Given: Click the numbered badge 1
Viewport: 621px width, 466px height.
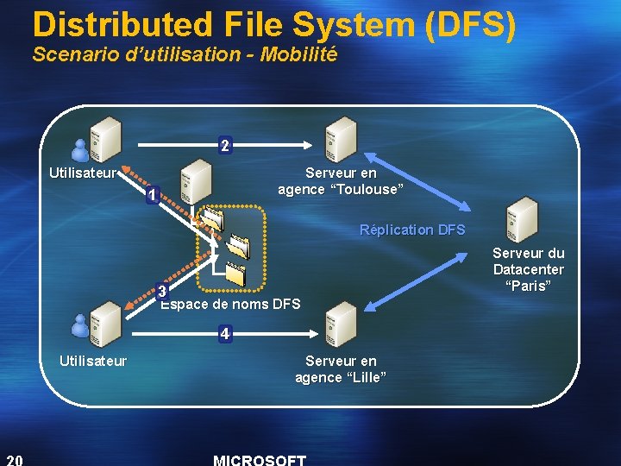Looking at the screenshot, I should click(152, 196).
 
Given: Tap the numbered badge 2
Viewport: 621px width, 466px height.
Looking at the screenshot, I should click(224, 146).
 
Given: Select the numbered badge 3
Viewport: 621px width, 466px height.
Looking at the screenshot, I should click(161, 291).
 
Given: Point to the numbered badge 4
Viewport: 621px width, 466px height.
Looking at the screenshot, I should click(224, 332).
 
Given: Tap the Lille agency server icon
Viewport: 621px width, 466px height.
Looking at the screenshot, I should click(342, 323).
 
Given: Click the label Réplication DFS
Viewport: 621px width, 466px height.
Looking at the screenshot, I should click(412, 230).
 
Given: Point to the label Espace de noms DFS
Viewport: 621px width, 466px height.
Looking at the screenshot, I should click(231, 304).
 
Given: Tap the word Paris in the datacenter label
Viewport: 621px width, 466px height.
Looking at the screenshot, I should click(529, 286).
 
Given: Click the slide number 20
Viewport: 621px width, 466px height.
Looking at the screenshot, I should click(15, 458).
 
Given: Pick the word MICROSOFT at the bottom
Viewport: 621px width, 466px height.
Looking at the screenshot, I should click(259, 460).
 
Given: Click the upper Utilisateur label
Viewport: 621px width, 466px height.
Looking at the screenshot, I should click(83, 173).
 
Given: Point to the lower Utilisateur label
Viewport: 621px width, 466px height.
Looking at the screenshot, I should click(92, 361).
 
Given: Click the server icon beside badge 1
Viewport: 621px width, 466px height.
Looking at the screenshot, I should click(196, 183).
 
